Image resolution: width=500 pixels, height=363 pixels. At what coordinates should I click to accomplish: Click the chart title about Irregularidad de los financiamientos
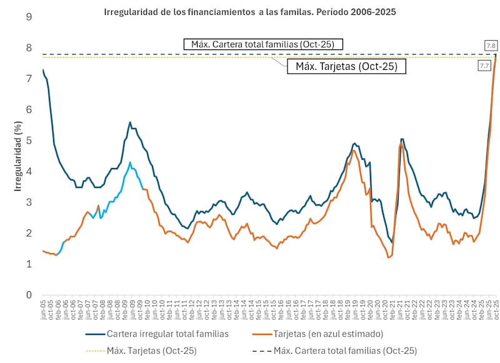tap(250, 12)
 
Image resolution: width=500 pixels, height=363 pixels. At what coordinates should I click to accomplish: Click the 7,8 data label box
tap(491, 45)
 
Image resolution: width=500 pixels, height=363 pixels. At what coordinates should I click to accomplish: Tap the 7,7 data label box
tap(484, 66)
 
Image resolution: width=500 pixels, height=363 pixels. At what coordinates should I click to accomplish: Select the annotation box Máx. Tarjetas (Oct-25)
tap(346, 66)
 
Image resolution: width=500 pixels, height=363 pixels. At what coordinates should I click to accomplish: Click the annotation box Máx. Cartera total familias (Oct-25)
tap(263, 44)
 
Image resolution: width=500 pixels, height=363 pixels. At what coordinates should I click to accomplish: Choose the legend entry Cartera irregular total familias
tap(167, 334)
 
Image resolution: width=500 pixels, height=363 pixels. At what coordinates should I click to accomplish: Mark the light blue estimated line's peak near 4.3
tap(130, 162)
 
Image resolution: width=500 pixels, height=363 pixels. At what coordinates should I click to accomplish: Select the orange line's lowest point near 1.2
tap(389, 257)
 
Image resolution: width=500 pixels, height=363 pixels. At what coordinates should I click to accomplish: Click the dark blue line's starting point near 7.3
tap(42, 70)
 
